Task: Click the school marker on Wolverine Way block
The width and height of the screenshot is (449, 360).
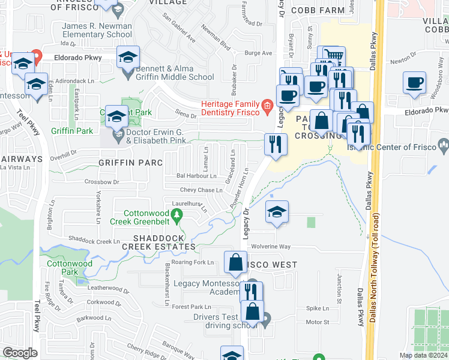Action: (x=277, y=212)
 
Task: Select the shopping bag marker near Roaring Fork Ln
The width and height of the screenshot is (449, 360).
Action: (x=235, y=262)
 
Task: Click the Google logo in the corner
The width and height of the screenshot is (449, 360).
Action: (x=20, y=353)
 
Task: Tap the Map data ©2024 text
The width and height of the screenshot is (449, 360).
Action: (x=423, y=355)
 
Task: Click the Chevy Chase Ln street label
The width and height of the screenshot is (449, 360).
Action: (x=201, y=190)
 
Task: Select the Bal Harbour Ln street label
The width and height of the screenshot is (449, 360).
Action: (x=196, y=176)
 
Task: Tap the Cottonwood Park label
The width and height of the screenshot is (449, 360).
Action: (x=69, y=268)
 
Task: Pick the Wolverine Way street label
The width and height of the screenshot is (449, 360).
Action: (x=271, y=247)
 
